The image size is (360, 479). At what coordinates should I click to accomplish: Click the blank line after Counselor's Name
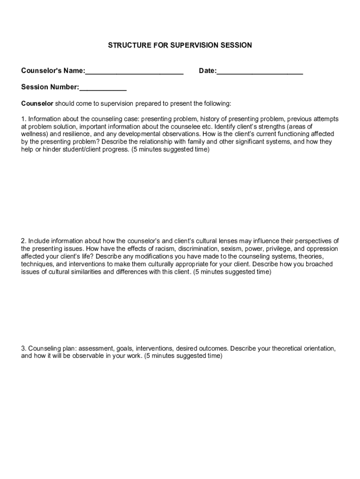134,72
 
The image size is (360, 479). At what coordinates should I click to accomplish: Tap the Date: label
208,71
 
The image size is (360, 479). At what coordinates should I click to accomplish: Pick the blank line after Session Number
103,88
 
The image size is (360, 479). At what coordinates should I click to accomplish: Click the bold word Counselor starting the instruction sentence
37,103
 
